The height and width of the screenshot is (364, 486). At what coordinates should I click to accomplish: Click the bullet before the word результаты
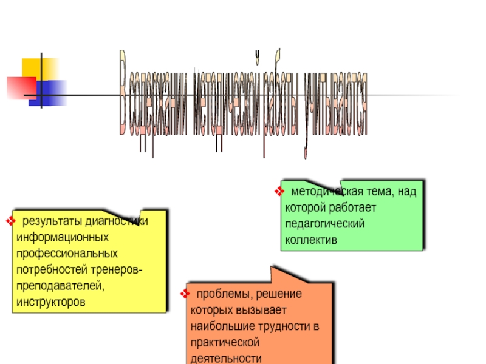pyautogui.click(x=10, y=220)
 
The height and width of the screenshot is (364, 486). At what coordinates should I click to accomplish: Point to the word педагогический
pyautogui.click(x=324, y=224)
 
